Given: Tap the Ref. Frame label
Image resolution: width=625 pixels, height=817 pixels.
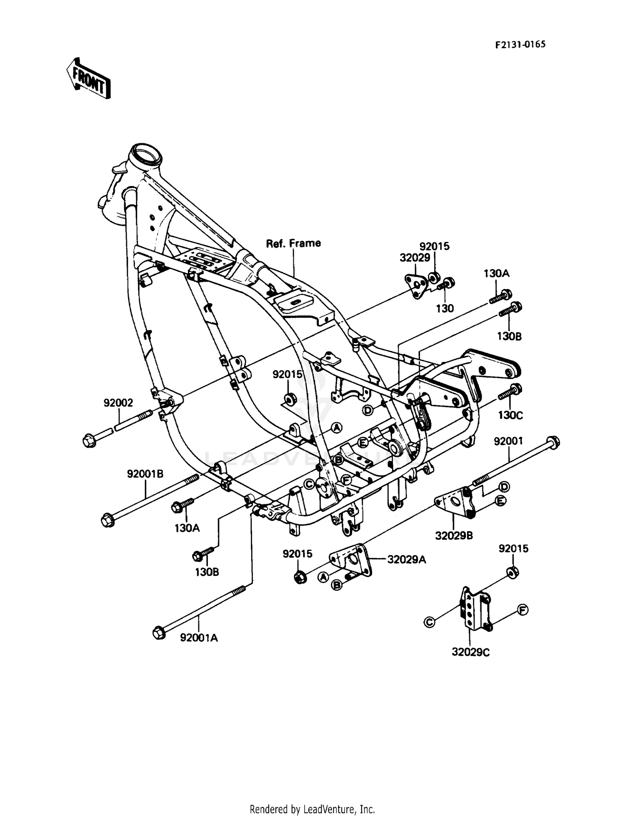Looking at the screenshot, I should (x=293, y=243).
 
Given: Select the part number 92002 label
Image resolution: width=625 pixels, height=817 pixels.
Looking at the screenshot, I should (x=118, y=403).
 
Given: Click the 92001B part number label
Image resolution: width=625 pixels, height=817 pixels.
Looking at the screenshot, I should (x=145, y=473).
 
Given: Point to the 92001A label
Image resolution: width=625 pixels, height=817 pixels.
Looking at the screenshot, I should (x=199, y=638).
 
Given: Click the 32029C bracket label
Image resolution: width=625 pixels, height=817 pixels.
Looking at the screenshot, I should (x=470, y=652).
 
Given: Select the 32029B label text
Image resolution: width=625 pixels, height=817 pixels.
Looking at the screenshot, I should (x=454, y=536).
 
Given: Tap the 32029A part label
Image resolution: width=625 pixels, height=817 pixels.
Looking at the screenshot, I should (x=406, y=559).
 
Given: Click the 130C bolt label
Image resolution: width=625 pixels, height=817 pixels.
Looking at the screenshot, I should (x=510, y=415).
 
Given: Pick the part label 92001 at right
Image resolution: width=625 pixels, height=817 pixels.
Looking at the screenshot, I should (x=508, y=441).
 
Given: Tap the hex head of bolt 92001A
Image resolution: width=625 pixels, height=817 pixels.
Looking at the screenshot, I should (x=159, y=633).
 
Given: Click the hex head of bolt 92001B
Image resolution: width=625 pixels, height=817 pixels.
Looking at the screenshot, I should (x=107, y=520).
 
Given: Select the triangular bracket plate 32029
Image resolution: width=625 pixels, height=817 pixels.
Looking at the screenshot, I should (x=416, y=286).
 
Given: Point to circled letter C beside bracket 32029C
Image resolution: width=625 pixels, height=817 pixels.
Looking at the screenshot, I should (x=429, y=622).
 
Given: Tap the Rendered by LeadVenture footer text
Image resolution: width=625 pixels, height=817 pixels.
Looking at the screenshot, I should (x=312, y=809).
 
